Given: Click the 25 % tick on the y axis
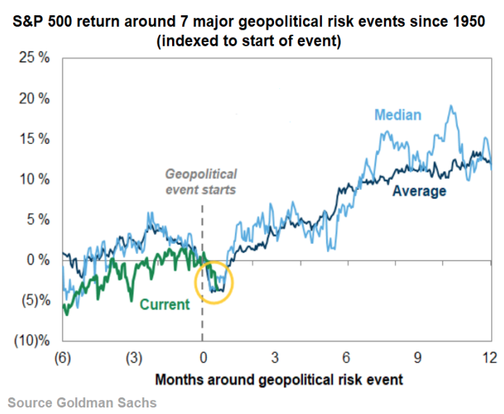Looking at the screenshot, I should pos(33,58).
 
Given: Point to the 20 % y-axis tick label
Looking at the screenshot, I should pos(33,98).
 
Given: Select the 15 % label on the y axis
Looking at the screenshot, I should pos(33,139).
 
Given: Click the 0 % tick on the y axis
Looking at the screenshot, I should pos(36,259).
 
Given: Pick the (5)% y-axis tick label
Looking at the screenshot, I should pos(31,300).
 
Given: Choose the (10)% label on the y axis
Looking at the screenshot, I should pos(28,340).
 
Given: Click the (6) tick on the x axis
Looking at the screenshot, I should pos(63,358).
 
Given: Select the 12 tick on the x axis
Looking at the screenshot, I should pos(490,358).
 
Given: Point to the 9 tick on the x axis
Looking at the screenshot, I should pos(417,358).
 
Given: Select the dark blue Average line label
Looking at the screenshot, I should pos(419,191).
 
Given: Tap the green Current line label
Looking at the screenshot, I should pos(164,304).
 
